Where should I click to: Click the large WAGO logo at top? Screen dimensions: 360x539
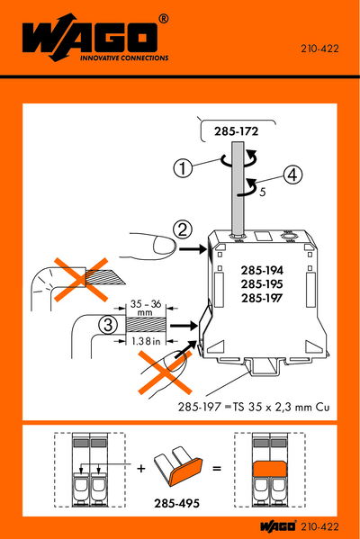click(94, 38)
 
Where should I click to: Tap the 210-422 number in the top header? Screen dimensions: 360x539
click(319, 49)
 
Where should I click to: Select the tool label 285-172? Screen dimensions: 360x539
click(236, 131)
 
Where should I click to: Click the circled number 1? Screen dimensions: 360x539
click(183, 168)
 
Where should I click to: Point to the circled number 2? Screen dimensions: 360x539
click(183, 229)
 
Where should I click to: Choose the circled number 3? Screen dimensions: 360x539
click(108, 325)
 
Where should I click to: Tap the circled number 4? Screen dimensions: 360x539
click(292, 175)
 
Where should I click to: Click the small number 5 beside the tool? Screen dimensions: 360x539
click(262, 192)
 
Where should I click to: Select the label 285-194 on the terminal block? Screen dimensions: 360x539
click(262, 271)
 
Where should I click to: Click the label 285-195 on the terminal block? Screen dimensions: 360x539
click(262, 284)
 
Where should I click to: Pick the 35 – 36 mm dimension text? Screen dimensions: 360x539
click(146, 308)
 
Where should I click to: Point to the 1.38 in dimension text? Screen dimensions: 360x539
click(146, 341)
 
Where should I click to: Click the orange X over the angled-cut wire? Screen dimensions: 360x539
click(82, 280)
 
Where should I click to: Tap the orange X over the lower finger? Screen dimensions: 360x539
click(165, 373)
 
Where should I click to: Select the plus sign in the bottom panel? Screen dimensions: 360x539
click(141, 468)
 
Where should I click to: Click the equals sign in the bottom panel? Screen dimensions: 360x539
click(217, 468)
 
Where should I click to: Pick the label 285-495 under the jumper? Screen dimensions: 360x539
click(176, 504)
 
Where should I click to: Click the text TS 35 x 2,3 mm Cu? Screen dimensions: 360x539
click(281, 407)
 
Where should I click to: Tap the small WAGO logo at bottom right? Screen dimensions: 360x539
click(277, 527)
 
